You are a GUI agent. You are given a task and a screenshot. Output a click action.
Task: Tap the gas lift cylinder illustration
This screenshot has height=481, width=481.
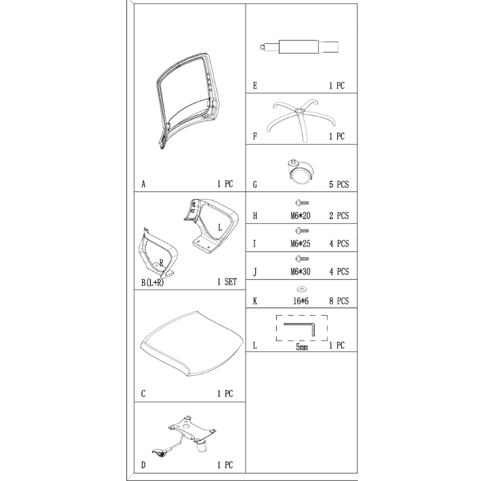tap(299, 47)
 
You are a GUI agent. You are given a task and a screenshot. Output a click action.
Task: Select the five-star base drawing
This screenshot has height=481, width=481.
tap(301, 120)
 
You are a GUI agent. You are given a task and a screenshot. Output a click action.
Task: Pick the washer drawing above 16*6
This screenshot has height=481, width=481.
tap(302, 289)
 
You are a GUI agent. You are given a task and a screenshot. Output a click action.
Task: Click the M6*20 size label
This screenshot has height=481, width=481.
tap(300, 216)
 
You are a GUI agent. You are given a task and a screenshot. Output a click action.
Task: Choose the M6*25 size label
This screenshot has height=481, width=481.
tap(300, 244)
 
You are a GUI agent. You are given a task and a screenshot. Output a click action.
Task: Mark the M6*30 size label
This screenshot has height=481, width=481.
tap(300, 272)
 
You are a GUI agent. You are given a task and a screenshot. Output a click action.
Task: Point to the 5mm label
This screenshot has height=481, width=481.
tap(302, 347)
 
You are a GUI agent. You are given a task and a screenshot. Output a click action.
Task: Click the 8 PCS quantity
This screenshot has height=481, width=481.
tap(339, 301)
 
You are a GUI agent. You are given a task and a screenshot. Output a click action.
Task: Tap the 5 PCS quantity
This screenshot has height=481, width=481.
tap(339, 185)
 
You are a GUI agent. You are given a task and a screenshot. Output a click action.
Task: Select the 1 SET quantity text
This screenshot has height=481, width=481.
tap(227, 282)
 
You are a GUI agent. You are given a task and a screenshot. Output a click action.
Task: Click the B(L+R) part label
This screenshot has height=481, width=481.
tap(152, 282)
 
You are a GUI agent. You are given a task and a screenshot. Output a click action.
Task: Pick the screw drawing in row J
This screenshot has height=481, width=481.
tap(302, 259)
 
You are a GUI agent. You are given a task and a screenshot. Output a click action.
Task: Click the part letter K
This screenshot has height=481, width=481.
tap(255, 301)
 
